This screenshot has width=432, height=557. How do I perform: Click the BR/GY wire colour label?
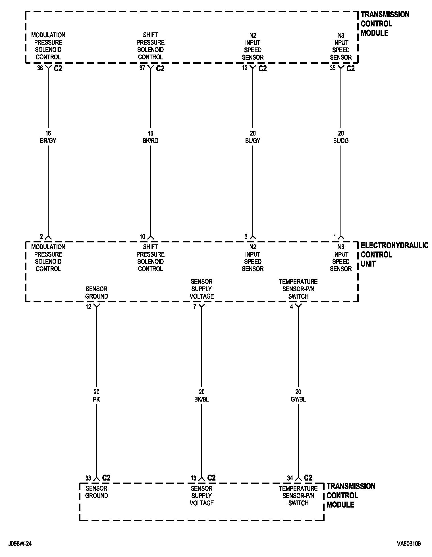click(48, 141)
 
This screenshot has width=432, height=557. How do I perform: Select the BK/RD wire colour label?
click(150, 141)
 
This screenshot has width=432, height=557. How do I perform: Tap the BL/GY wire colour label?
click(253, 141)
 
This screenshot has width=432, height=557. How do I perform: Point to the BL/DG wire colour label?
click(341, 141)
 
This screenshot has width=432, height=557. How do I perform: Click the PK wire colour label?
click(96, 399)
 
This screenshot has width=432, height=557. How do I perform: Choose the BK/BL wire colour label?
click(202, 399)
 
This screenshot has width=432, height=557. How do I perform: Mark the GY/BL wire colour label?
click(298, 399)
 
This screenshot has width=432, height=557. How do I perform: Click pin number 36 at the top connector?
click(40, 68)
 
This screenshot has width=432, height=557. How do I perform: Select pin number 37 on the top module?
click(142, 68)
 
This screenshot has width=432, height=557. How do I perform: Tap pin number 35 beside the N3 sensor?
click(333, 68)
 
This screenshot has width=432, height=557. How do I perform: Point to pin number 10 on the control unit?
click(142, 236)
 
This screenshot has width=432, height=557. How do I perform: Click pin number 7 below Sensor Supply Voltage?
click(195, 307)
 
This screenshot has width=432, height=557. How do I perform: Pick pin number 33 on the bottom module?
click(88, 478)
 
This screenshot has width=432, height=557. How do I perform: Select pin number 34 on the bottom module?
click(290, 478)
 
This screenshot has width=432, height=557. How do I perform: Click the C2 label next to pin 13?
click(211, 478)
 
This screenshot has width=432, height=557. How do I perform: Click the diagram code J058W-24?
click(20, 544)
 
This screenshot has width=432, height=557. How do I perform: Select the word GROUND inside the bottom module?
click(97, 496)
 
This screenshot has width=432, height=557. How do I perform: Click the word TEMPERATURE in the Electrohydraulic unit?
click(298, 282)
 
